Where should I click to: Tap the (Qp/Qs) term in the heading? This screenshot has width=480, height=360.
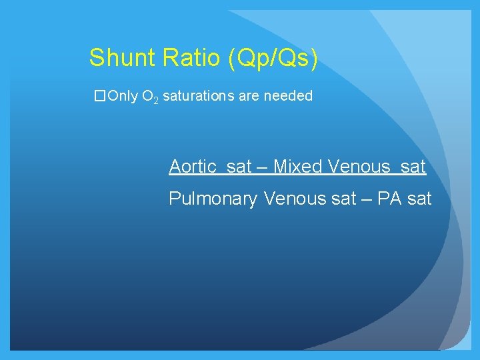273,59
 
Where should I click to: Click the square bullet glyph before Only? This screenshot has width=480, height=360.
100,96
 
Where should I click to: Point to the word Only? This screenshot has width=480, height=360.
121,96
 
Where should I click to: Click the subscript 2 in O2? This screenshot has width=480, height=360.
155,100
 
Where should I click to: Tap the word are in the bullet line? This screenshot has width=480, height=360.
249,96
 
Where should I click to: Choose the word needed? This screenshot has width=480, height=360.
288,96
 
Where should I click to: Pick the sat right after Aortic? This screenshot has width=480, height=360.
239,166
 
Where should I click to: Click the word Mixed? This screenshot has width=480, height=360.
298,166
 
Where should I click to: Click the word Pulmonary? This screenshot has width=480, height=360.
213,199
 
